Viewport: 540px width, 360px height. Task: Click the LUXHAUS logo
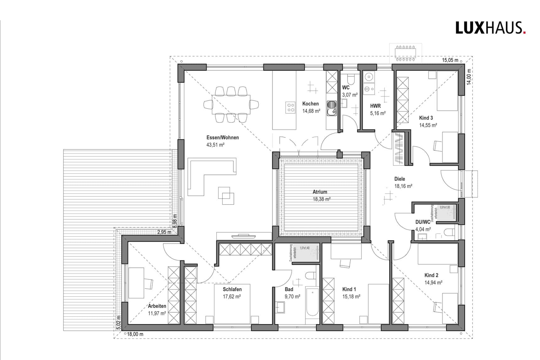tap(490, 28)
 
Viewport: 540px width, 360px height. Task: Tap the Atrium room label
tap(320, 192)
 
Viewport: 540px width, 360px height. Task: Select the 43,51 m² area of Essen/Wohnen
tap(215, 145)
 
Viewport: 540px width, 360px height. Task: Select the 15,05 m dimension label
tap(450, 60)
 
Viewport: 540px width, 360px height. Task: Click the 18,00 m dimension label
tap(135, 334)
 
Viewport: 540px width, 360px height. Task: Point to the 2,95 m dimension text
tap(164, 232)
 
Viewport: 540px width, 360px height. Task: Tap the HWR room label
tap(375, 106)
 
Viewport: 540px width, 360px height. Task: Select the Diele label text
tap(399, 179)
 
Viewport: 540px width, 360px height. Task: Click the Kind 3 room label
tap(426, 118)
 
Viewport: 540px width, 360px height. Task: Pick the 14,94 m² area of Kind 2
tap(433, 282)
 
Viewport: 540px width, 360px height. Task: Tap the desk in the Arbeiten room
tap(136, 283)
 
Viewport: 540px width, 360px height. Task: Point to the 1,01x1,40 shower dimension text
tap(305, 248)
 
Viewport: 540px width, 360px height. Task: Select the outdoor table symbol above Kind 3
tap(406, 53)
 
